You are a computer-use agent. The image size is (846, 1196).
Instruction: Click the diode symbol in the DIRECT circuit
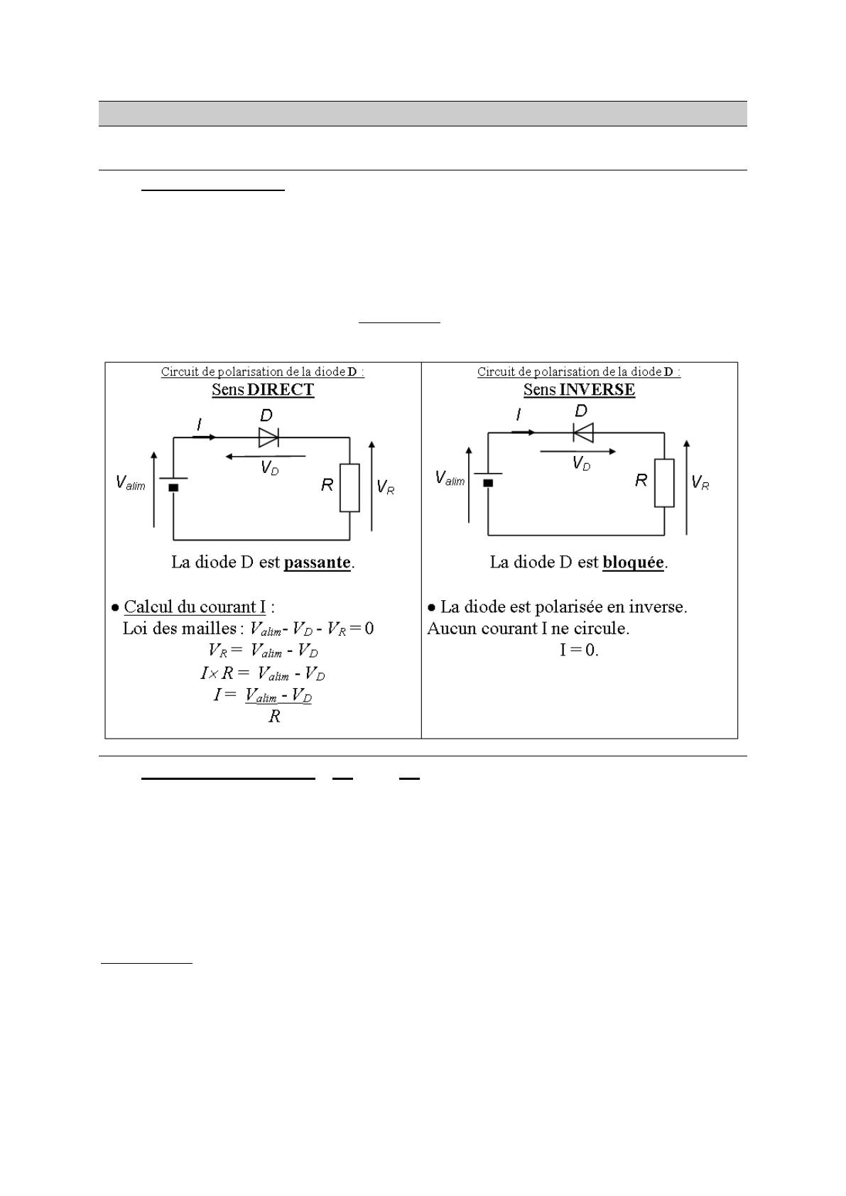pyautogui.click(x=268, y=437)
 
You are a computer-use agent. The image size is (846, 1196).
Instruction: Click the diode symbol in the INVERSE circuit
pyautogui.click(x=583, y=432)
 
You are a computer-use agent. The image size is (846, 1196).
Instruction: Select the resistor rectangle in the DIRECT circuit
pyautogui.click(x=349, y=488)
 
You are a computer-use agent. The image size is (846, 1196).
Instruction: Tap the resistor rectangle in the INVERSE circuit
pyautogui.click(x=664, y=483)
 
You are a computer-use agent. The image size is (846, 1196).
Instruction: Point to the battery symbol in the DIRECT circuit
pyautogui.click(x=173, y=483)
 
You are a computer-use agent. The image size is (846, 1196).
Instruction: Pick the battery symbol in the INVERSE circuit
pyautogui.click(x=488, y=478)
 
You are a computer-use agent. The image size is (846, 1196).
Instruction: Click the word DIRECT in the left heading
pyautogui.click(x=281, y=390)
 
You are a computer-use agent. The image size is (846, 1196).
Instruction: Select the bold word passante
pyautogui.click(x=318, y=562)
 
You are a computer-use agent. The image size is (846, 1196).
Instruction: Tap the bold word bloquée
pyautogui.click(x=633, y=562)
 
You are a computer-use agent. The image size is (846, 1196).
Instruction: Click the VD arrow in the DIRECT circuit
pyautogui.click(x=266, y=456)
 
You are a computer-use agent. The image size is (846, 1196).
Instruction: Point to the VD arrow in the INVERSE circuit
pyautogui.click(x=577, y=451)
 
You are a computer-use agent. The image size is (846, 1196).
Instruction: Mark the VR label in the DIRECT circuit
pyautogui.click(x=386, y=487)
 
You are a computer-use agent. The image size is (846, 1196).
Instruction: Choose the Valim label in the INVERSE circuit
pyautogui.click(x=450, y=479)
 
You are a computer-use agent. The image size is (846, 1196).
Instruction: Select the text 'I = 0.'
pyautogui.click(x=579, y=650)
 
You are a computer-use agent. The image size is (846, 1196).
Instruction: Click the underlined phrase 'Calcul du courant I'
pyautogui.click(x=195, y=607)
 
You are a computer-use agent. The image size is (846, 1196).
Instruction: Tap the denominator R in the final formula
pyautogui.click(x=274, y=717)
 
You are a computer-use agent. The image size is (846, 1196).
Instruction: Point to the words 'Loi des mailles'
pyautogui.click(x=180, y=629)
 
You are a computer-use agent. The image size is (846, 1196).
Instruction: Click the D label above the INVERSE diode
pyautogui.click(x=581, y=411)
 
